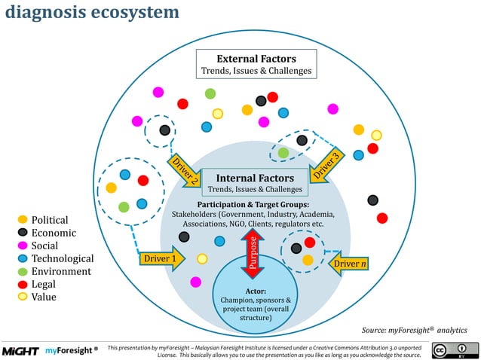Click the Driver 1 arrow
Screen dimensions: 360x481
(x=161, y=260)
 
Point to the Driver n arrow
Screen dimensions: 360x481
(x=348, y=263)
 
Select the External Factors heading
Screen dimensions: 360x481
(x=256, y=58)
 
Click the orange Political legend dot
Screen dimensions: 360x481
(x=23, y=220)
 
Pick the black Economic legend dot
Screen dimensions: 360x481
(x=23, y=233)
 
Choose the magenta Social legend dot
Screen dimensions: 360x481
(x=23, y=246)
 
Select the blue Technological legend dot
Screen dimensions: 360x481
(x=23, y=258)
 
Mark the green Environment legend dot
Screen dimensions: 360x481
(x=23, y=271)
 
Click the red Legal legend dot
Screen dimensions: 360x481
(x=23, y=284)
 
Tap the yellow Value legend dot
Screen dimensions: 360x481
(x=23, y=297)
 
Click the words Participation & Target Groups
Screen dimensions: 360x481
(x=253, y=204)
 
